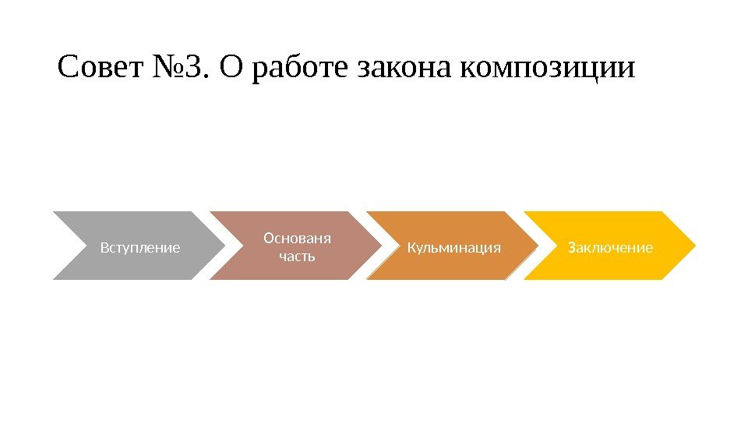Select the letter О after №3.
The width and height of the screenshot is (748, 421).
pyautogui.click(x=231, y=69)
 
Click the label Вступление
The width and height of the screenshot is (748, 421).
pyautogui.click(x=140, y=248)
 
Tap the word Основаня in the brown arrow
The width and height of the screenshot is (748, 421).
pyautogui.click(x=297, y=237)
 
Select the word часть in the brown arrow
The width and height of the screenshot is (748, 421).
pyautogui.click(x=297, y=255)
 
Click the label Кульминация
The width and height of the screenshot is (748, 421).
pyautogui.click(x=453, y=248)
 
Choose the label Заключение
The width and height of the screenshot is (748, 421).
pyautogui.click(x=610, y=248)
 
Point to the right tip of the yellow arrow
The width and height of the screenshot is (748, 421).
pyautogui.click(x=696, y=245)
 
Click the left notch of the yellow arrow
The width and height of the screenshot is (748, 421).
pyautogui.click(x=556, y=245)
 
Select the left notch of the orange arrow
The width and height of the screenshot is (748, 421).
pyautogui.click(x=400, y=245)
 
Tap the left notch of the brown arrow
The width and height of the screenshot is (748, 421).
pyautogui.click(x=243, y=245)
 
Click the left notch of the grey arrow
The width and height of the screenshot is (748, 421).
pyautogui.click(x=86, y=245)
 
